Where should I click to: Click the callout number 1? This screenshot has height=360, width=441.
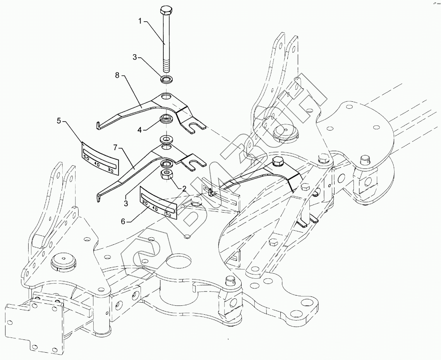click(x=141, y=20)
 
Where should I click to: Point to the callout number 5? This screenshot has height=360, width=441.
click(x=59, y=121)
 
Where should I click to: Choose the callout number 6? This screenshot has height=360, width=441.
click(x=123, y=221)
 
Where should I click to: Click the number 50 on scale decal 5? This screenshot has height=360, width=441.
click(x=86, y=158)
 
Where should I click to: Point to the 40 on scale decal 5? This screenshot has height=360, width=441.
click(x=98, y=165)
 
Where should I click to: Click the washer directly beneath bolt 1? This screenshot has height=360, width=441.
click(x=166, y=80)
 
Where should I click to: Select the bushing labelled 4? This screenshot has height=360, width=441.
click(x=166, y=118)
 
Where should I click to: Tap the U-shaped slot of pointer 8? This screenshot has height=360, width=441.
click(x=197, y=126)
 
